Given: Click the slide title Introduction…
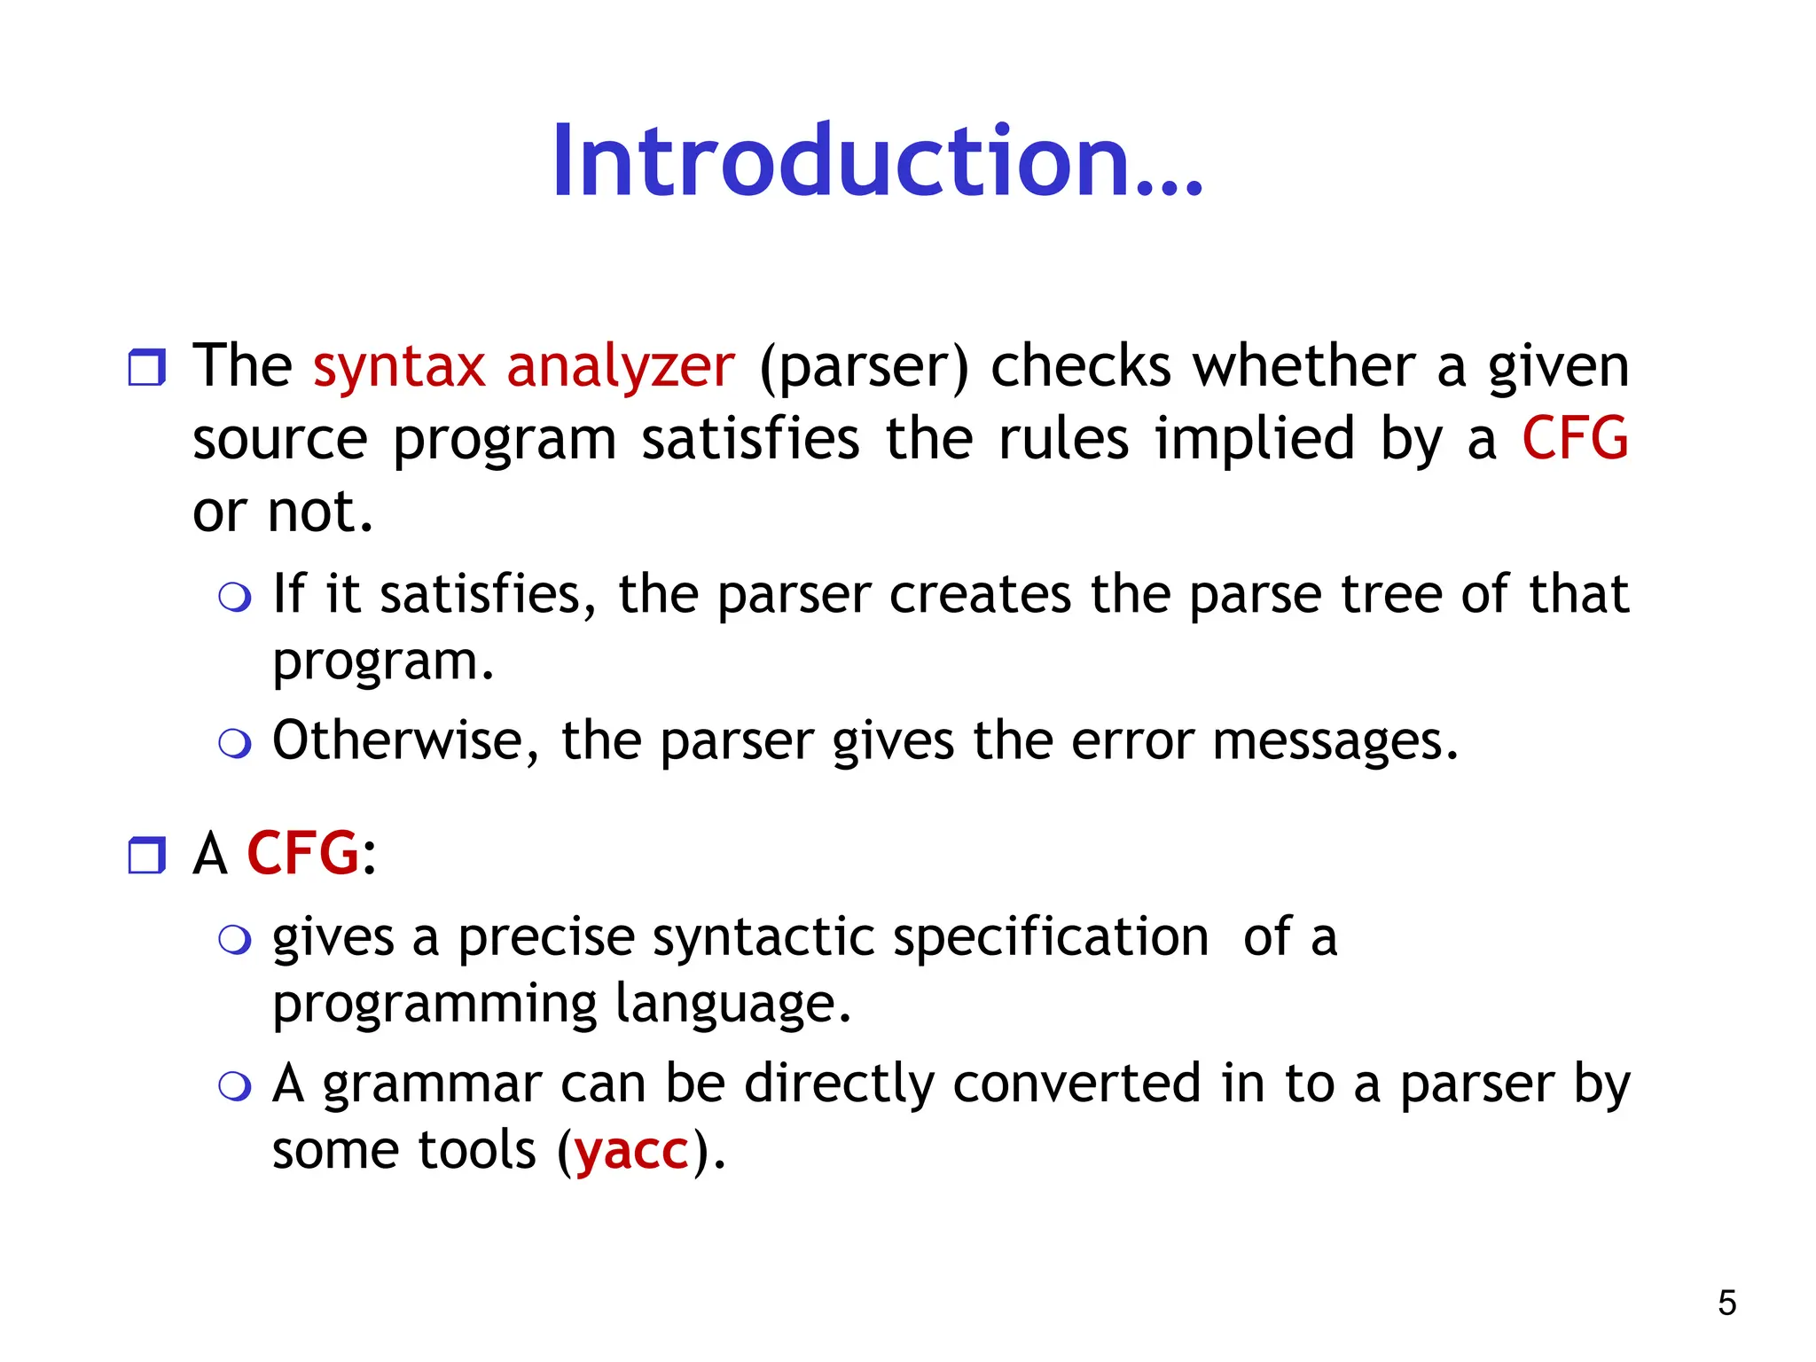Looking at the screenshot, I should pos(876,161).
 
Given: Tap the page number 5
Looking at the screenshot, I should pos(1726,1303).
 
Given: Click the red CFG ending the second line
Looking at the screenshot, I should pos(1575,438).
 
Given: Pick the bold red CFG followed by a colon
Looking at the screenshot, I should pos(302,853).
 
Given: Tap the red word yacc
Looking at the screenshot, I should pos(631,1150).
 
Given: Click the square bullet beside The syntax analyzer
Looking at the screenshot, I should pos(146,367).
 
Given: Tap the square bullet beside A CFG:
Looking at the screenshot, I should pos(146,855).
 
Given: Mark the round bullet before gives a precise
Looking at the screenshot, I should pos(235,940).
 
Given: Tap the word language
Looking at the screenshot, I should pos(732,1005).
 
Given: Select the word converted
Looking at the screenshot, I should pos(1076,1084).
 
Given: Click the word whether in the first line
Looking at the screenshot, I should pos(1303,366).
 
